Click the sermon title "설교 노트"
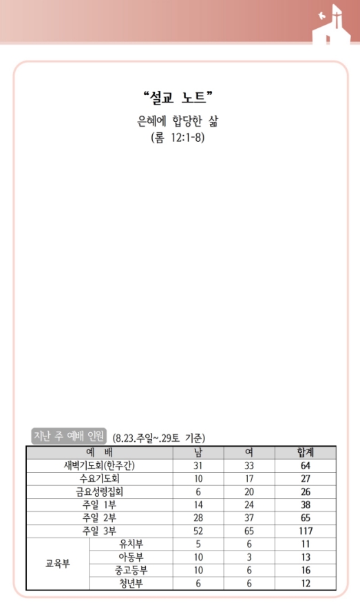pos(178,97)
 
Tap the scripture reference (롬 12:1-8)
pos(178,138)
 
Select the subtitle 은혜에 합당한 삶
pos(178,121)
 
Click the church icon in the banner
pos(332,25)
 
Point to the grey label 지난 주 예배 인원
pos(69,436)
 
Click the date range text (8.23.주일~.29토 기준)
pos(159,438)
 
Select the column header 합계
pos(306,452)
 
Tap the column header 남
pos(198,452)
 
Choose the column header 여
pos(249,452)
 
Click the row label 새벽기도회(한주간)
pos(100,465)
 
